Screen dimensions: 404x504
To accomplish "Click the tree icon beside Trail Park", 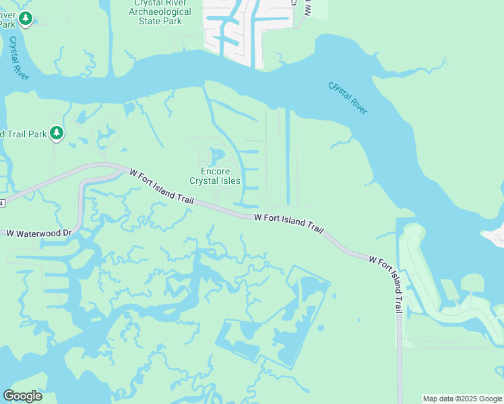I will coord(57,133).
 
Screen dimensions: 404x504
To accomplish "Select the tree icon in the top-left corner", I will coord(26,18).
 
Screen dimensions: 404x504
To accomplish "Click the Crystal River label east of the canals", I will coord(348,98).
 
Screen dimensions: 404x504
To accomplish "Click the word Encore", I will coord(215,171).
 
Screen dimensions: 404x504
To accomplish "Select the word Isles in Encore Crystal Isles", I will coord(229,180).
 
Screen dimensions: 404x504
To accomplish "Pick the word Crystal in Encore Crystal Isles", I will coord(204,180).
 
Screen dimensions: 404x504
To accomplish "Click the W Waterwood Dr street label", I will coord(38,233).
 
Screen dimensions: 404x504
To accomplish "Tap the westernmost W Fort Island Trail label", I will coord(162,187).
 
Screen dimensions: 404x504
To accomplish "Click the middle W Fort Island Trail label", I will coord(288,223).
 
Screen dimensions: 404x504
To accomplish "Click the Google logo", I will coord(22,395).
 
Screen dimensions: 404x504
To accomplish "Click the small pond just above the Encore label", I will coord(216,158).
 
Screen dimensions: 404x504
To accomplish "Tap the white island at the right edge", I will coord(495,235).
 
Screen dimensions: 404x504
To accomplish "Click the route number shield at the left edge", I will coord(2,203).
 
